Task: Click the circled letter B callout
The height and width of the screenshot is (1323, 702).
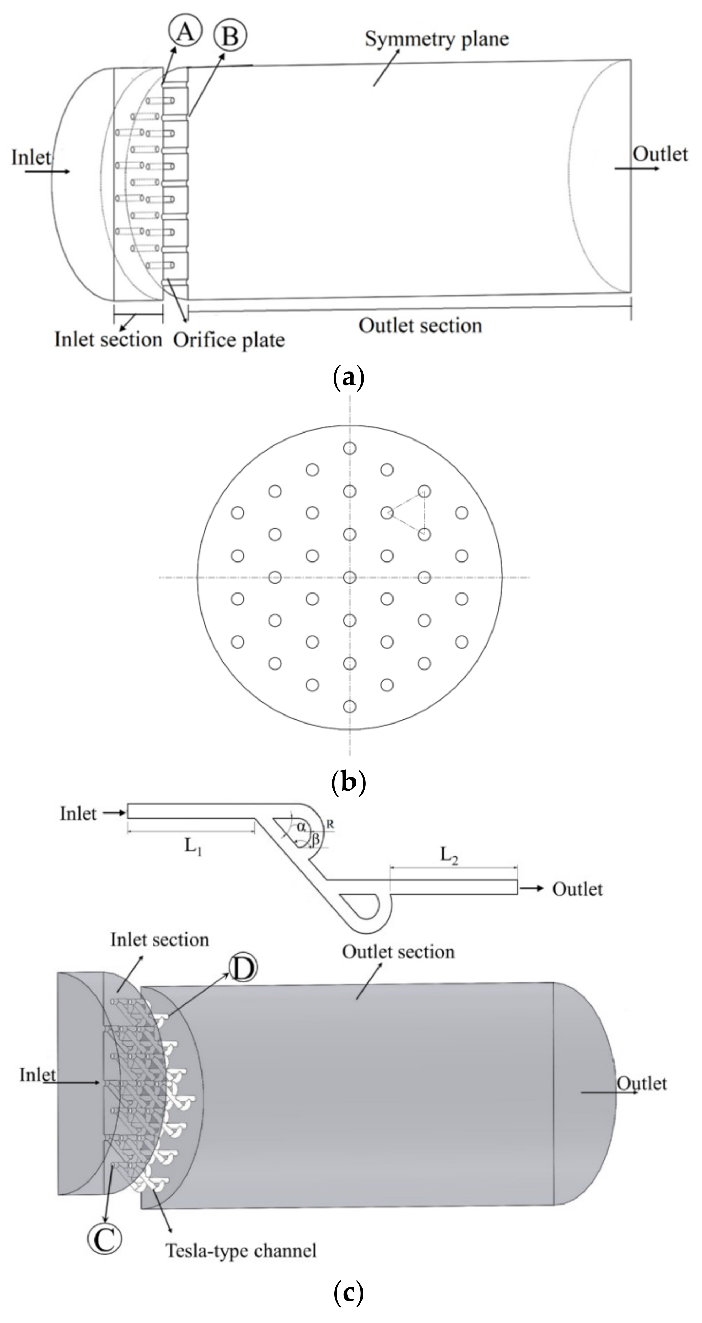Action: [x=231, y=36]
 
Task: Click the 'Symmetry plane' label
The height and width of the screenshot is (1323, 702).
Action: [x=436, y=39]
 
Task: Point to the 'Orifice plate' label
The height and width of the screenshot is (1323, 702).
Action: [x=229, y=340]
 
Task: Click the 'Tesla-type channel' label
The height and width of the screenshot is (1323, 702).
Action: [x=241, y=1250]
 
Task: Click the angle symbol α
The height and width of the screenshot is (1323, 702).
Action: [x=301, y=826]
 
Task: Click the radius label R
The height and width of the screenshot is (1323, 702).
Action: [x=330, y=824]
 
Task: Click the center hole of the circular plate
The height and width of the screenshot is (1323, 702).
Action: [x=350, y=577]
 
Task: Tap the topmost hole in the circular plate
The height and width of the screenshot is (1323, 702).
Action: [x=350, y=448]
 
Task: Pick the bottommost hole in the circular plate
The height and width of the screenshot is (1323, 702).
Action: [x=350, y=706]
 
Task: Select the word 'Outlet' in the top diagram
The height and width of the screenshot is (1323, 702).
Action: [x=660, y=154]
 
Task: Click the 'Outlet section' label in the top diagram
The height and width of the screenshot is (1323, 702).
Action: [x=420, y=326]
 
